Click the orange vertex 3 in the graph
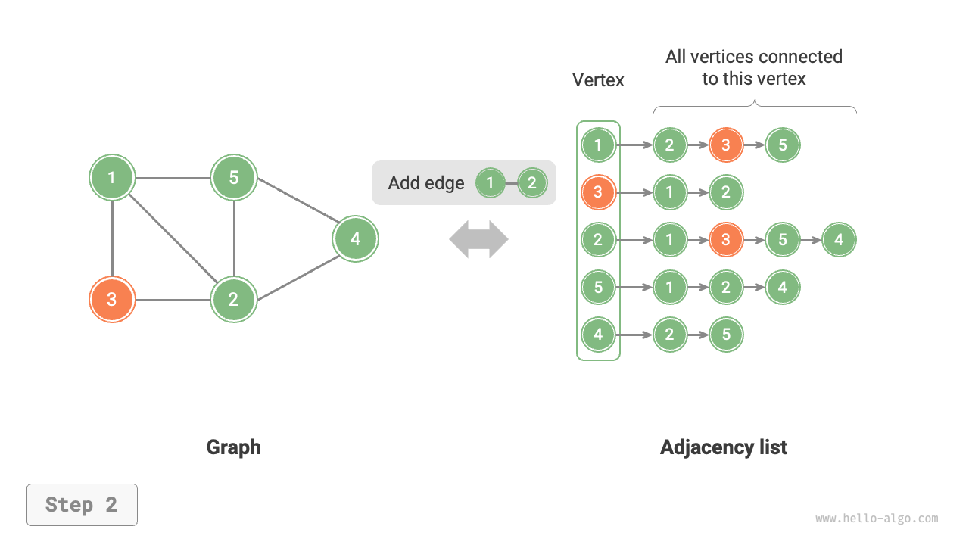click(112, 300)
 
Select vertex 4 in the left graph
click(355, 239)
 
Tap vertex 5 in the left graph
click(234, 178)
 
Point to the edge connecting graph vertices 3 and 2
click(173, 300)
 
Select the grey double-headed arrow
click(478, 239)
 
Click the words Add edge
click(425, 183)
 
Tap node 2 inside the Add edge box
click(532, 183)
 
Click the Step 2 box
click(82, 505)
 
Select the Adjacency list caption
click(723, 447)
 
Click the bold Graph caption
click(233, 447)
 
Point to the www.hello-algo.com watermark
click(877, 519)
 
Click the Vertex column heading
click(598, 80)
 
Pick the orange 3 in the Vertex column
click(598, 192)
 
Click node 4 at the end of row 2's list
click(839, 240)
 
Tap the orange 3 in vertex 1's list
click(726, 145)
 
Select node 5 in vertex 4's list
click(726, 335)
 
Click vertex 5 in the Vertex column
click(598, 288)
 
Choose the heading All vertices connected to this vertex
click(753, 67)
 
